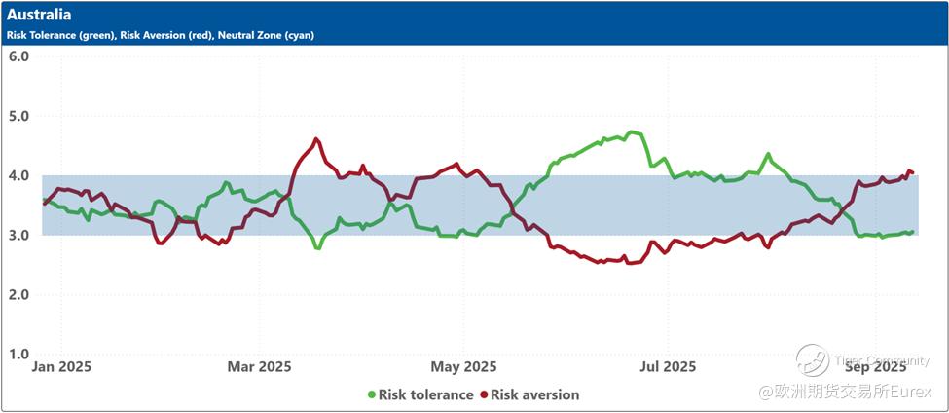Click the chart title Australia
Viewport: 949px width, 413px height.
click(x=39, y=16)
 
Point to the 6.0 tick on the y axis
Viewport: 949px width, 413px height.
click(x=18, y=56)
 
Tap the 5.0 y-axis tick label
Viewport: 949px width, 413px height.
click(x=18, y=116)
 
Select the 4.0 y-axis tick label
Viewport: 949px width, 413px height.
click(x=18, y=175)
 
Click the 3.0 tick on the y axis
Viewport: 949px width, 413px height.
click(x=18, y=235)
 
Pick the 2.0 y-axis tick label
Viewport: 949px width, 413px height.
click(x=18, y=294)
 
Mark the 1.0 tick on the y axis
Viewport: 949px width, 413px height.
click(x=18, y=355)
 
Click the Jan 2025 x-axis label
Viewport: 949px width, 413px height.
click(x=61, y=367)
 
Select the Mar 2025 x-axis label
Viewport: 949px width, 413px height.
click(x=260, y=367)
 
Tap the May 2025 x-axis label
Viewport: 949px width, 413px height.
click(x=464, y=367)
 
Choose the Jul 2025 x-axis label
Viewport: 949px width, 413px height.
click(x=669, y=367)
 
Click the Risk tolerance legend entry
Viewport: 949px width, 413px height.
click(x=425, y=394)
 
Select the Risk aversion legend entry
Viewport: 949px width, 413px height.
click(x=534, y=394)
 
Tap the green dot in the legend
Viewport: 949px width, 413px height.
click(x=371, y=394)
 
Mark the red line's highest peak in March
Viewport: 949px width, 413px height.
click(x=316, y=139)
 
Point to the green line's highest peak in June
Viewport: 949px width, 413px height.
click(x=634, y=131)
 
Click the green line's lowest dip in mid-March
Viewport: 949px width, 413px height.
click(x=317, y=247)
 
